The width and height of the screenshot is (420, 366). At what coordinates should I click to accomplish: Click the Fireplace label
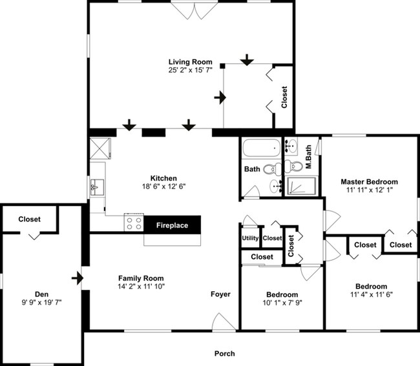tap(172, 225)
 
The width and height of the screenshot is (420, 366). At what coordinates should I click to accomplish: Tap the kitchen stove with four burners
tap(134, 222)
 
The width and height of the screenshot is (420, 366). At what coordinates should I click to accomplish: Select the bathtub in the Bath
tap(262, 148)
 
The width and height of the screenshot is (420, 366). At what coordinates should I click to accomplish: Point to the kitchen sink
tap(97, 187)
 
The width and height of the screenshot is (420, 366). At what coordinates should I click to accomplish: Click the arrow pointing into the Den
tap(78, 278)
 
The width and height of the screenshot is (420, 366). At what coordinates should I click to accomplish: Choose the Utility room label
tap(250, 238)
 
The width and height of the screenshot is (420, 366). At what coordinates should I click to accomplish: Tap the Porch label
tap(224, 354)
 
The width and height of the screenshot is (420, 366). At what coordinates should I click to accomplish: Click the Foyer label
tap(220, 294)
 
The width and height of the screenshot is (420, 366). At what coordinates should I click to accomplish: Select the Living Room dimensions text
tap(190, 70)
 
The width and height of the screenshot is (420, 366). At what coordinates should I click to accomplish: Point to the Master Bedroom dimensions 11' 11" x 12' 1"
tap(370, 190)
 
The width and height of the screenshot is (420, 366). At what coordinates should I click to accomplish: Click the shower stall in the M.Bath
tap(301, 186)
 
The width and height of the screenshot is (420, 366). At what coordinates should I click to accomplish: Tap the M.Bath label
tap(309, 157)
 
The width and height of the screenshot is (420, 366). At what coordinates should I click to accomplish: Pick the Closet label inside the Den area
tap(30, 219)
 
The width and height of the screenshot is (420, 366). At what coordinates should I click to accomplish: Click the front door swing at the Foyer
tap(224, 322)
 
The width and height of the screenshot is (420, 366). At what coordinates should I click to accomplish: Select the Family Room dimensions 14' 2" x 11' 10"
tap(141, 286)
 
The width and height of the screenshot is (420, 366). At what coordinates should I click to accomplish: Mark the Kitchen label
tap(163, 178)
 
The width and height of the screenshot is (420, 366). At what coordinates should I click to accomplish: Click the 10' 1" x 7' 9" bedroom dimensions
tap(282, 303)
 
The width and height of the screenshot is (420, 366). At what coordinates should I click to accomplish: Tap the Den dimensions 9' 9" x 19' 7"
tap(42, 302)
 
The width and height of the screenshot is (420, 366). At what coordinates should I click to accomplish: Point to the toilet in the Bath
tap(272, 169)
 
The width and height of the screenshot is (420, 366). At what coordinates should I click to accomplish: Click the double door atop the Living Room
tap(194, 10)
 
